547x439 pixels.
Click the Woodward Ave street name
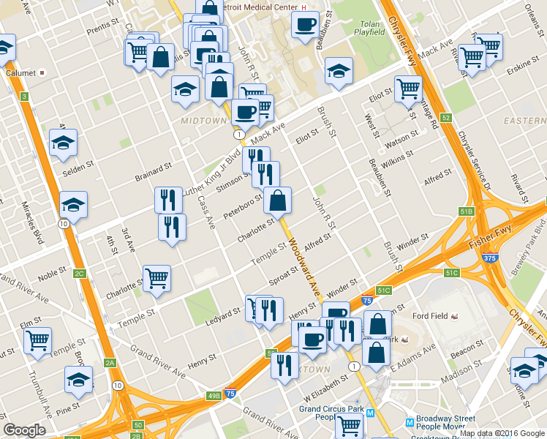303,264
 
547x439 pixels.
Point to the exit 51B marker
467,211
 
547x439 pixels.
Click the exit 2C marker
80,274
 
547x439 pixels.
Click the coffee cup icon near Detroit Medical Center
305,23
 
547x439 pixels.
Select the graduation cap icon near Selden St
64,142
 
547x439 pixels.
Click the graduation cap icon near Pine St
78,378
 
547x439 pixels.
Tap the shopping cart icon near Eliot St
408,89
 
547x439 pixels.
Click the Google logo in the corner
24,430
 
